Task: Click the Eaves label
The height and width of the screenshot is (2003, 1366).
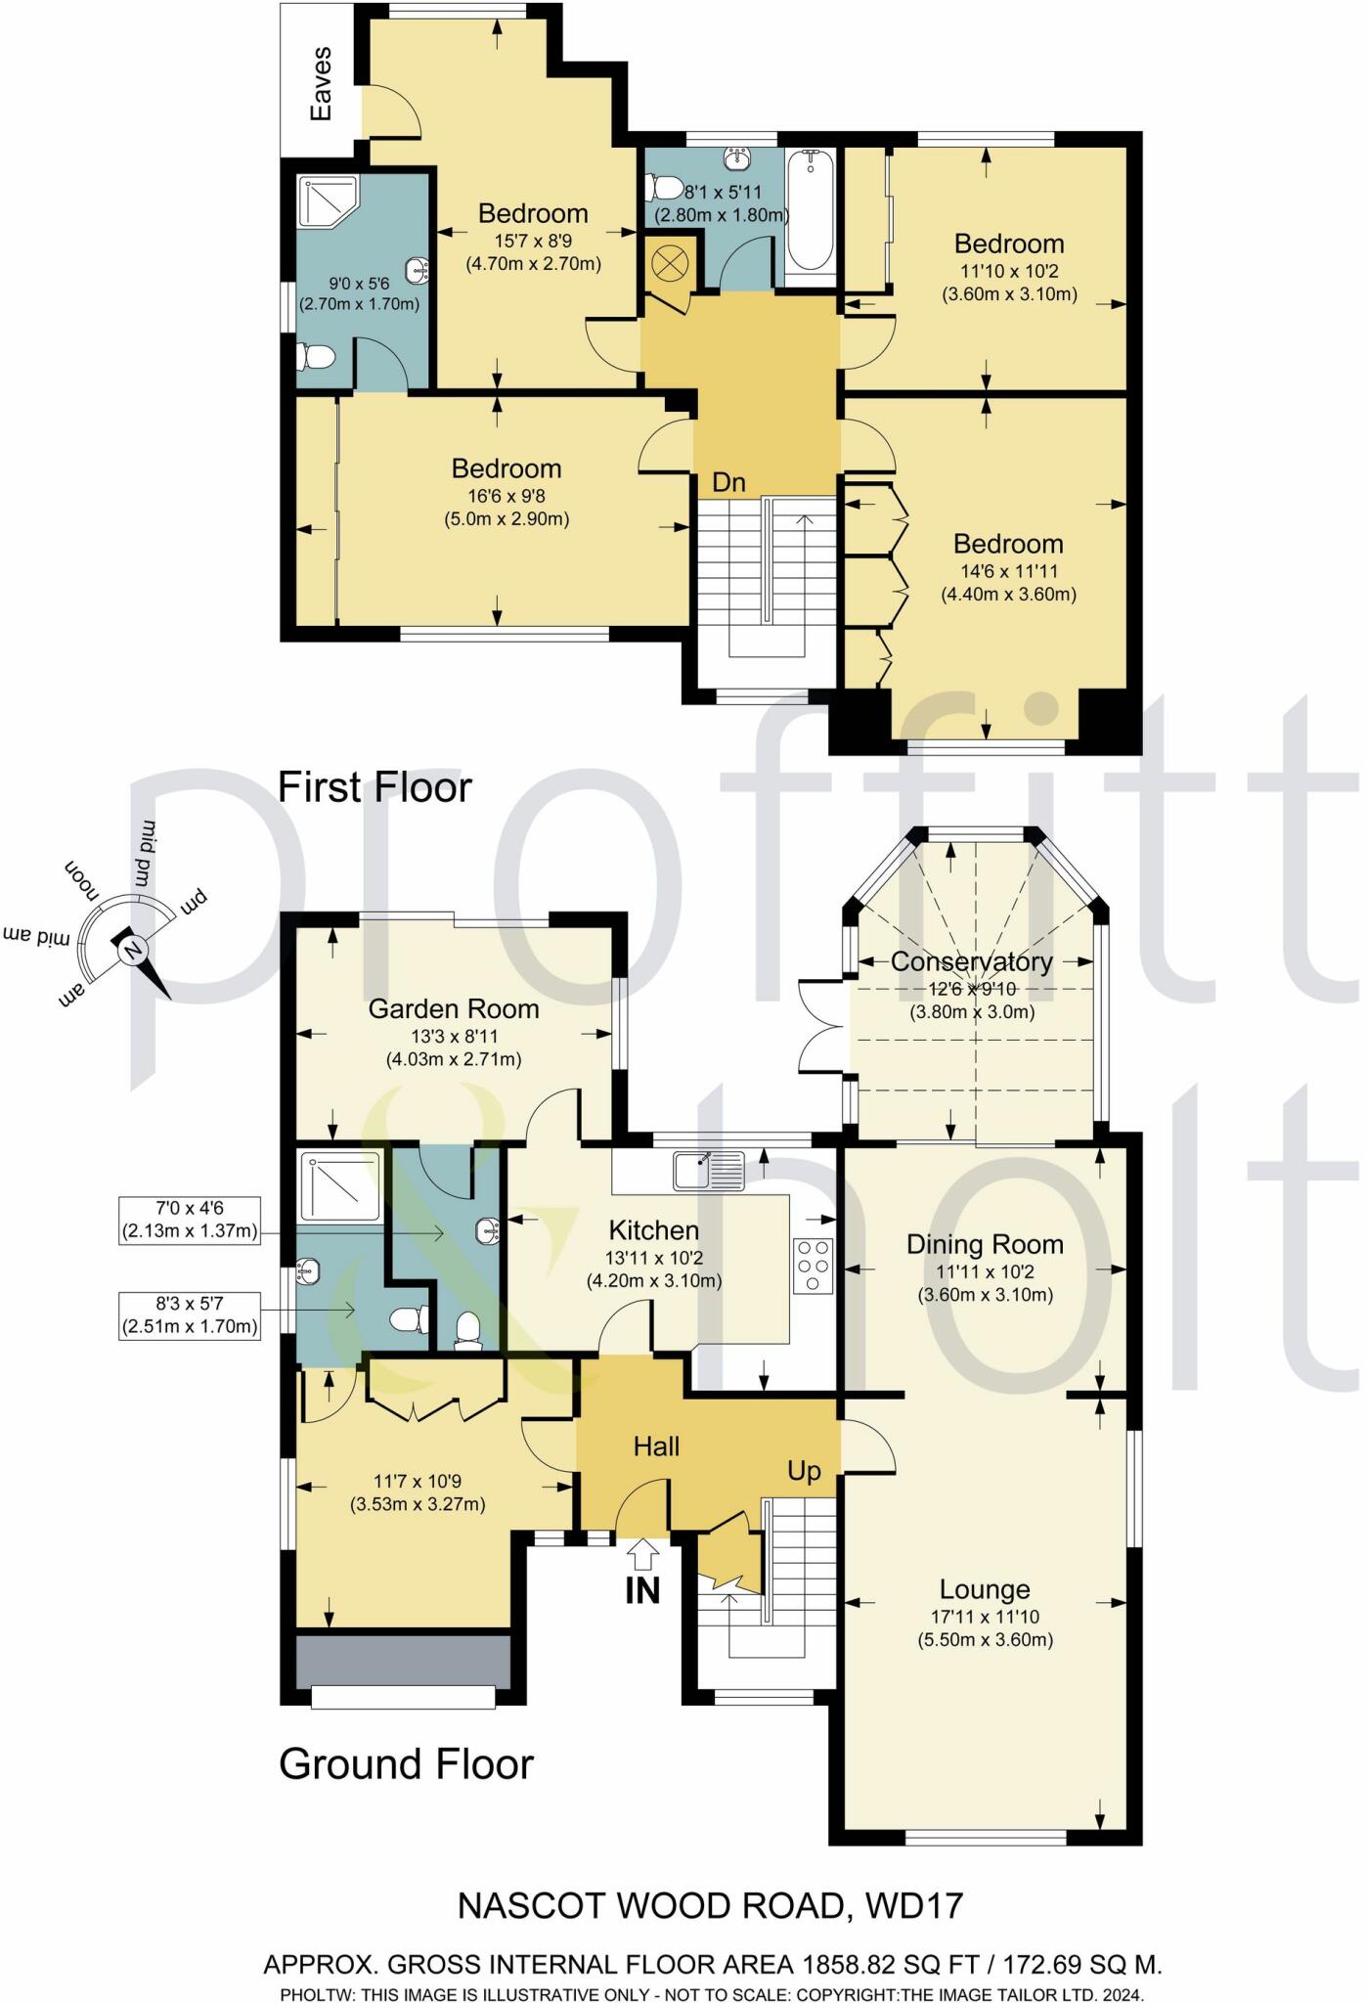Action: point(321,84)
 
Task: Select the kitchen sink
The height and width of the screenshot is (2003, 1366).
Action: point(708,1170)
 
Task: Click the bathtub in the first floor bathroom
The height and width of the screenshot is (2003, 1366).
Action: point(809,211)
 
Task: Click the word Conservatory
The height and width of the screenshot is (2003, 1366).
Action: point(971,961)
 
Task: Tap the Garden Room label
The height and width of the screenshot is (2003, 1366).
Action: point(453,1008)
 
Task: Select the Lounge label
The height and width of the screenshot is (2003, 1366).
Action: point(985,1589)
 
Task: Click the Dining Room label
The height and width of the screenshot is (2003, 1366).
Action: point(985,1244)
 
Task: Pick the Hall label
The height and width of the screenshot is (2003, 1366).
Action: point(656,1446)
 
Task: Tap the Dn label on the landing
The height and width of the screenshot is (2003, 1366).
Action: point(728,482)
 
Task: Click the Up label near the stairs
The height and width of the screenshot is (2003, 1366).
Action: point(804,1471)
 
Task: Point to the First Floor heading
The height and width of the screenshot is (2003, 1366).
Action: point(375,787)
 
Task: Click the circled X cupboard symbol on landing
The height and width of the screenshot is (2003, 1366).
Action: point(670,262)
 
